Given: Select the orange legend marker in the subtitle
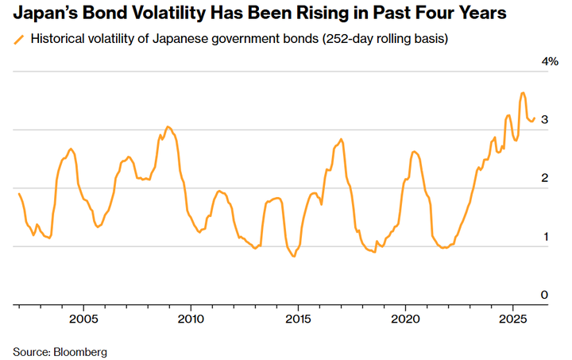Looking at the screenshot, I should coord(18,39).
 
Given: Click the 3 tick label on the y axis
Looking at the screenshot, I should coord(544,120).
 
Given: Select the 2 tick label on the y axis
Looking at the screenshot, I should coord(544,178).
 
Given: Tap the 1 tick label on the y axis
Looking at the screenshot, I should coord(544,237).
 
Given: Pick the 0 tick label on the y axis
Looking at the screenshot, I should coord(544,295).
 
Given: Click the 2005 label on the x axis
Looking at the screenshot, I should coord(83,319).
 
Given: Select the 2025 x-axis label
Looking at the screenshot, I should coord(512,319).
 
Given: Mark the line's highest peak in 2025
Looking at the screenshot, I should coord(522,93).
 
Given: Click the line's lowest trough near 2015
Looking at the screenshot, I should coord(293,257).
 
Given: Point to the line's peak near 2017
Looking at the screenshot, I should coord(341,139).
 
